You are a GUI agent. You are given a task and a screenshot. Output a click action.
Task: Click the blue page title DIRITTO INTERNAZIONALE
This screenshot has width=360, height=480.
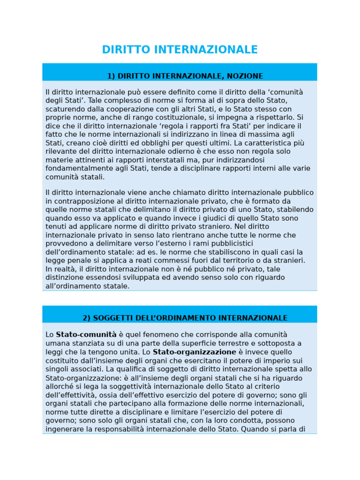click(180, 50)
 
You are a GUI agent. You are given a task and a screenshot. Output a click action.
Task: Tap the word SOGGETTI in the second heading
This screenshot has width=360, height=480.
click(111, 318)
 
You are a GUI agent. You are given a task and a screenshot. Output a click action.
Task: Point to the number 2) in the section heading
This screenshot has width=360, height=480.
click(87, 318)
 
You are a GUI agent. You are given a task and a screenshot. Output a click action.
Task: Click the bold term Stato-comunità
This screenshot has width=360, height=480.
click(86, 335)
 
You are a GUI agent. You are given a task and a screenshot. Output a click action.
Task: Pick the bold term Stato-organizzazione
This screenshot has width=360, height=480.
click(195, 352)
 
